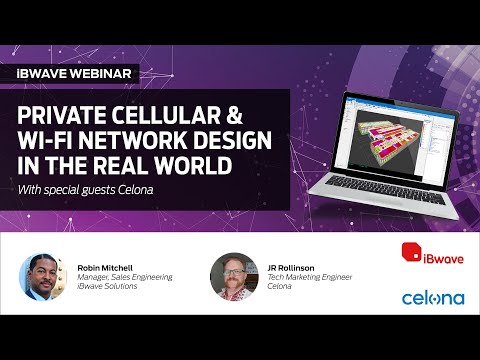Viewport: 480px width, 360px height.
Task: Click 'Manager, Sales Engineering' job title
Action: point(126,275)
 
